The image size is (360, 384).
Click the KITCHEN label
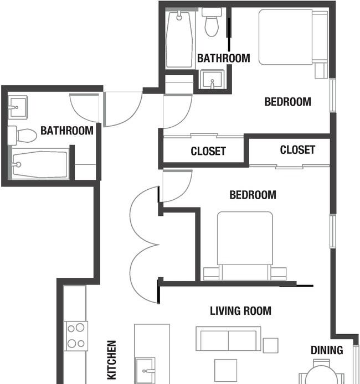[112, 360]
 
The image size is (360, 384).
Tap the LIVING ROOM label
[240, 311]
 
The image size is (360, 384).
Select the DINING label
[327, 350]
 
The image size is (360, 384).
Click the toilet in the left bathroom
[22, 136]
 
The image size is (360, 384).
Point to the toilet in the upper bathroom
[212, 22]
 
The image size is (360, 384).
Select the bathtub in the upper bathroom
[179, 39]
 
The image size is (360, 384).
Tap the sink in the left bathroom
[18, 107]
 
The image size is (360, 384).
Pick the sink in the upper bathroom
[212, 80]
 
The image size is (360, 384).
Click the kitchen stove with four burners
[76, 336]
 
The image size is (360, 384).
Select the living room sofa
[228, 339]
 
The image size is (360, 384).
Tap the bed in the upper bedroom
[294, 37]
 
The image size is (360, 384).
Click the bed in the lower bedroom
[245, 246]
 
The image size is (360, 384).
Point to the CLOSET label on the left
[208, 151]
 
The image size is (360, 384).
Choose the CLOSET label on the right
[297, 149]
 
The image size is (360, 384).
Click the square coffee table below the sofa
[226, 370]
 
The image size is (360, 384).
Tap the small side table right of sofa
[270, 345]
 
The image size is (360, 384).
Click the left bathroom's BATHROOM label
[67, 131]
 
